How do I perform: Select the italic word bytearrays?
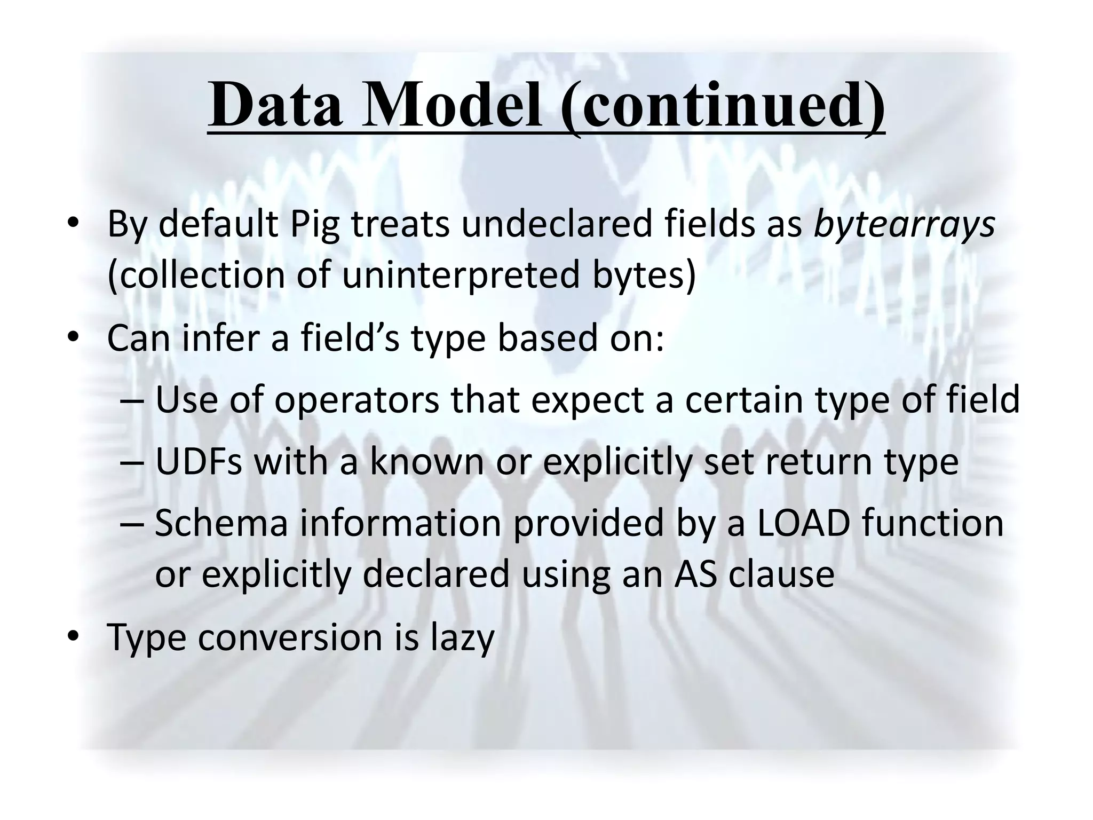pos(904,224)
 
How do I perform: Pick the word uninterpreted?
pos(461,275)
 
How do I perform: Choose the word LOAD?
pos(803,523)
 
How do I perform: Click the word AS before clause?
pos(694,574)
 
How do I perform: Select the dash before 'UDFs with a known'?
pos(132,462)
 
